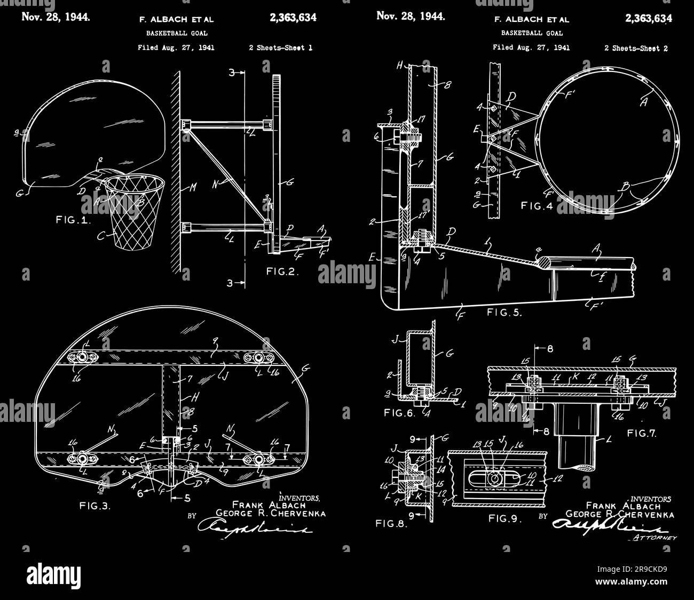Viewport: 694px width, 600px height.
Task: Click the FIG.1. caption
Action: point(73,220)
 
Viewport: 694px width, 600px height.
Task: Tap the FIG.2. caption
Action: point(282,271)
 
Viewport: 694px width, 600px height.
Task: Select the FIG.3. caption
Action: point(95,506)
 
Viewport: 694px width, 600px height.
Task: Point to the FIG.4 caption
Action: point(538,205)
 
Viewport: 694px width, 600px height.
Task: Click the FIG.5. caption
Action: point(504,313)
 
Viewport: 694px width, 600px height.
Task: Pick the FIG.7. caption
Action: point(642,433)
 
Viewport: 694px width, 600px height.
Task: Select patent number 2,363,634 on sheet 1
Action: point(293,18)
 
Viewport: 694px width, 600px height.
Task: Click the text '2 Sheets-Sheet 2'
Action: point(636,48)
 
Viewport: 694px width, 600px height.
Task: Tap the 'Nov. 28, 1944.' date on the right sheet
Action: point(411,15)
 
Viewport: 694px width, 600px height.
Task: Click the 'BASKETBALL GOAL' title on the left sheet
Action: point(177,33)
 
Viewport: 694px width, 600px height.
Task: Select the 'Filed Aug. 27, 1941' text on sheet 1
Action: point(176,47)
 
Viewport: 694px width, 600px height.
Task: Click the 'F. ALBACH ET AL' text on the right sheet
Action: point(532,20)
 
